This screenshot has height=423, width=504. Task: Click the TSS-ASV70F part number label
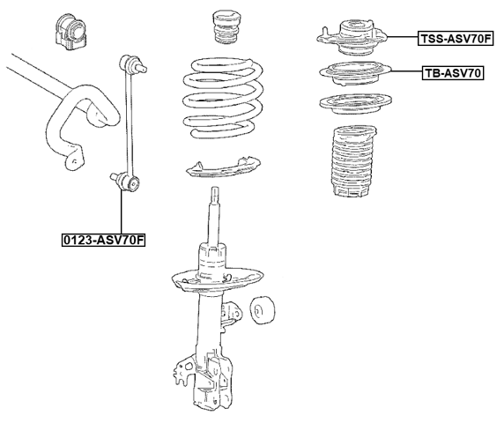click(456, 38)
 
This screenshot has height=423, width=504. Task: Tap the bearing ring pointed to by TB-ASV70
click(352, 73)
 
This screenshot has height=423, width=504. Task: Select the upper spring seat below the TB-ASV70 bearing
click(352, 104)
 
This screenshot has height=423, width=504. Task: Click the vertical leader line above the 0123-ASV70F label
click(121, 211)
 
